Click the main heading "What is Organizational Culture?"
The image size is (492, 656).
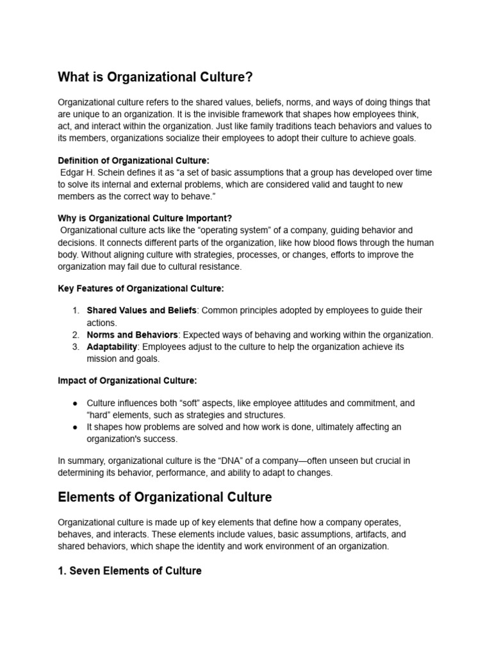155,78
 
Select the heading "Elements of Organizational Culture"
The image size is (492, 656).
165,497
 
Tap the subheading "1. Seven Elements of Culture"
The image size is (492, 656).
129,570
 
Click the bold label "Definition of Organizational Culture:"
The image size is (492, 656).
133,160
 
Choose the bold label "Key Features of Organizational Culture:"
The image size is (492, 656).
141,289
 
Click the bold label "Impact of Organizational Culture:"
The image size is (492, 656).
127,381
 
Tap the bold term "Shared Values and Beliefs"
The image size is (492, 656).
142,311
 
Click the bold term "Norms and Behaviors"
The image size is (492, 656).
132,334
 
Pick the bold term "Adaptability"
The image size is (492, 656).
112,347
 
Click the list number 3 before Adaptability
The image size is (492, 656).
75,347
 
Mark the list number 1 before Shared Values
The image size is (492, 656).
75,311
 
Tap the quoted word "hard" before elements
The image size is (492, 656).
99,415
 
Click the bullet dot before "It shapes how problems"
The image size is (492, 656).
75,427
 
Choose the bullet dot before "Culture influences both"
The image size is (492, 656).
75,403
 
